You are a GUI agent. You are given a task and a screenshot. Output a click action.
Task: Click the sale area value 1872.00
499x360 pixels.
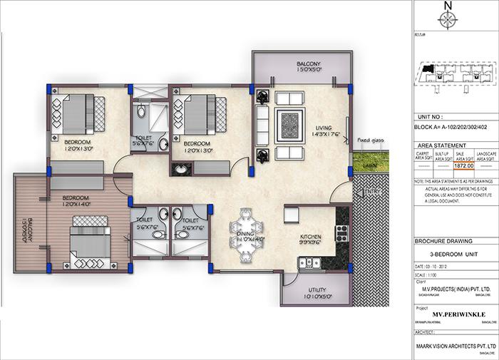coord(443,165)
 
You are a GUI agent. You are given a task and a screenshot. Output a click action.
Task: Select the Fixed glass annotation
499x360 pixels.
coord(371,141)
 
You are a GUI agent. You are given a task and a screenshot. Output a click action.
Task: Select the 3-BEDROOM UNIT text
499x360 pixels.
coord(453,254)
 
